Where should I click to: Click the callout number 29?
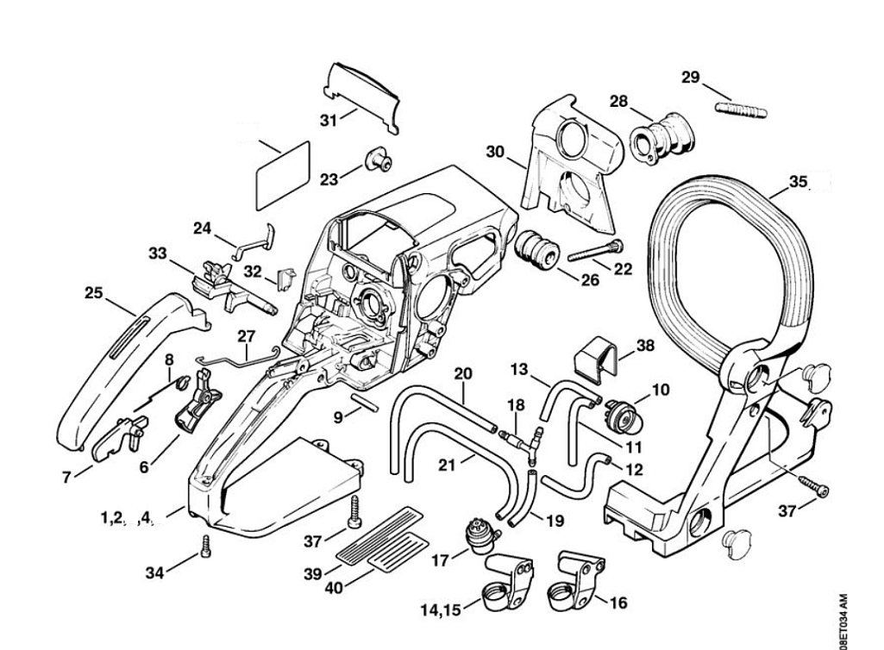tap(690, 78)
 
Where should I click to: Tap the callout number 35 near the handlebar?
tap(799, 182)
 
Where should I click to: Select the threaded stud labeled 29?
tap(741, 110)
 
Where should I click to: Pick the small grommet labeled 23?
tap(376, 161)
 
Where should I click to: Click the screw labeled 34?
tap(205, 545)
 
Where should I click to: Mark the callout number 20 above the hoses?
tap(464, 373)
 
